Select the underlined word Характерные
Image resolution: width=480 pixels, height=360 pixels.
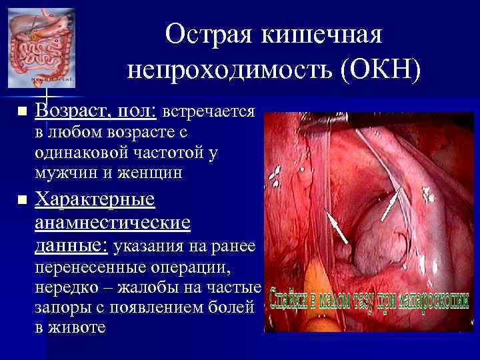pos(95,199)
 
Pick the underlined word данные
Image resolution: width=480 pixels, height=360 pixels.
pos(69,245)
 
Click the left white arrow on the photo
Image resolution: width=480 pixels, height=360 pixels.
pos(337,227)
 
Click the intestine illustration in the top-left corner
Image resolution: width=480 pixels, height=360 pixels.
pos(40,43)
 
